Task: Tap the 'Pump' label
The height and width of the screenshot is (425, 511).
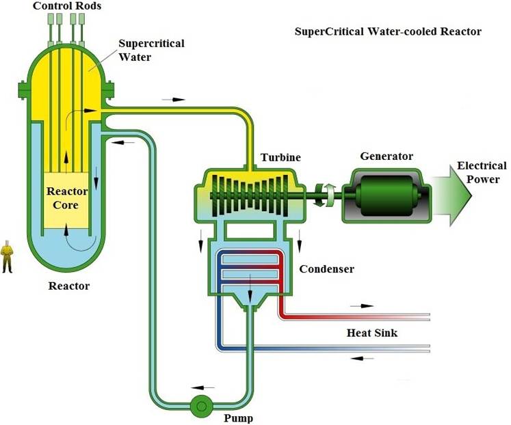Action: [x=238, y=418]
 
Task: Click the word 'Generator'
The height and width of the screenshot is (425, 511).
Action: [x=386, y=156]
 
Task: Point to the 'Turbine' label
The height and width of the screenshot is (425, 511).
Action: [x=280, y=158]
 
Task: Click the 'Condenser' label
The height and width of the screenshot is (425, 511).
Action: [x=326, y=269]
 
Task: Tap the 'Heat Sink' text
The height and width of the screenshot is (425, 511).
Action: [x=372, y=333]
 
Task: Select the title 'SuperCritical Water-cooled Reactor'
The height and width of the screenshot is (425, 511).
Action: [x=388, y=31]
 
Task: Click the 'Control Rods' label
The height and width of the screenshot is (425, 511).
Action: [x=67, y=6]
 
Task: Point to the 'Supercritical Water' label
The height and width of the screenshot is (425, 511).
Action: [x=151, y=50]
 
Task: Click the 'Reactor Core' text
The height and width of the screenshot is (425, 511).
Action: [x=67, y=198]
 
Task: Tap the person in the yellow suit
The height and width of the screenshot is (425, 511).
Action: [x=7, y=256]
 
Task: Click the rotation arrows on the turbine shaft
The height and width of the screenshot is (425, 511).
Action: [x=324, y=195]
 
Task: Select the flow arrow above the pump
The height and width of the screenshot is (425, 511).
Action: [x=202, y=387]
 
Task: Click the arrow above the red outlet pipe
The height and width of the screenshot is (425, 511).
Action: [x=362, y=306]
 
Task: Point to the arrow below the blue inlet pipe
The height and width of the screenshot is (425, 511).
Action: [x=362, y=358]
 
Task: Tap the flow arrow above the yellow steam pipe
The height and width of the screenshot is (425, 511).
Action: [x=174, y=100]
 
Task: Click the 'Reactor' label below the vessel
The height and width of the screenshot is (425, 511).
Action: [x=69, y=286]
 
